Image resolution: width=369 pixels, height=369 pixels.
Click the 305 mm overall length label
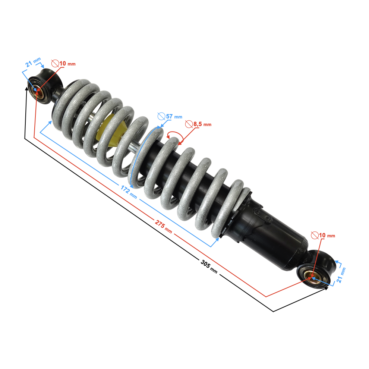[x=209, y=266]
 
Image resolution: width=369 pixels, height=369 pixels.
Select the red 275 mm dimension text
[x=163, y=226]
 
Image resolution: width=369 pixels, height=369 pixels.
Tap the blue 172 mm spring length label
[x=129, y=192]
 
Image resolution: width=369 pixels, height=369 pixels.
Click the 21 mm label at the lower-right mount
[x=341, y=275]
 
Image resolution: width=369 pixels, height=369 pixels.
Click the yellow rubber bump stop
[x=111, y=130]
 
